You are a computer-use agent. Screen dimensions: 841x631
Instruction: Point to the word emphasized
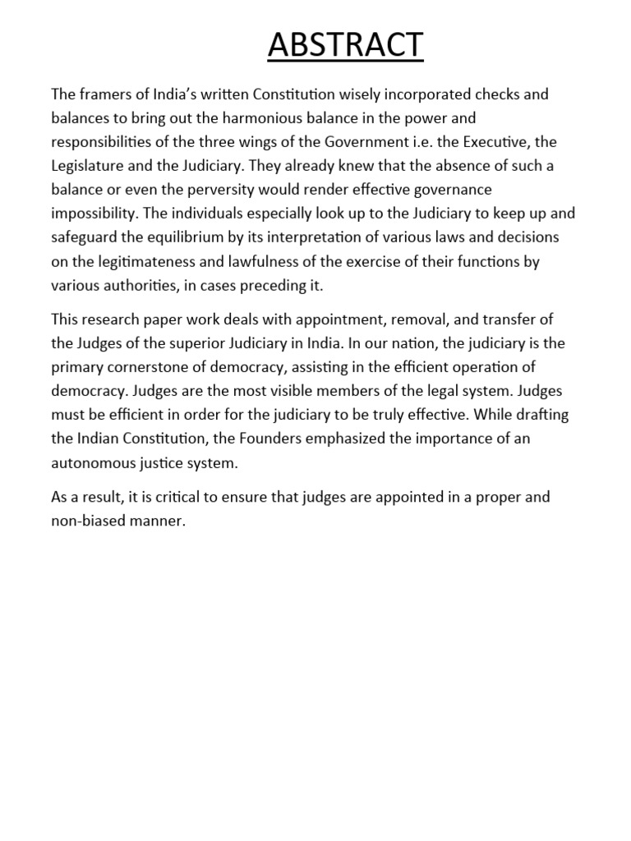[x=344, y=438]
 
